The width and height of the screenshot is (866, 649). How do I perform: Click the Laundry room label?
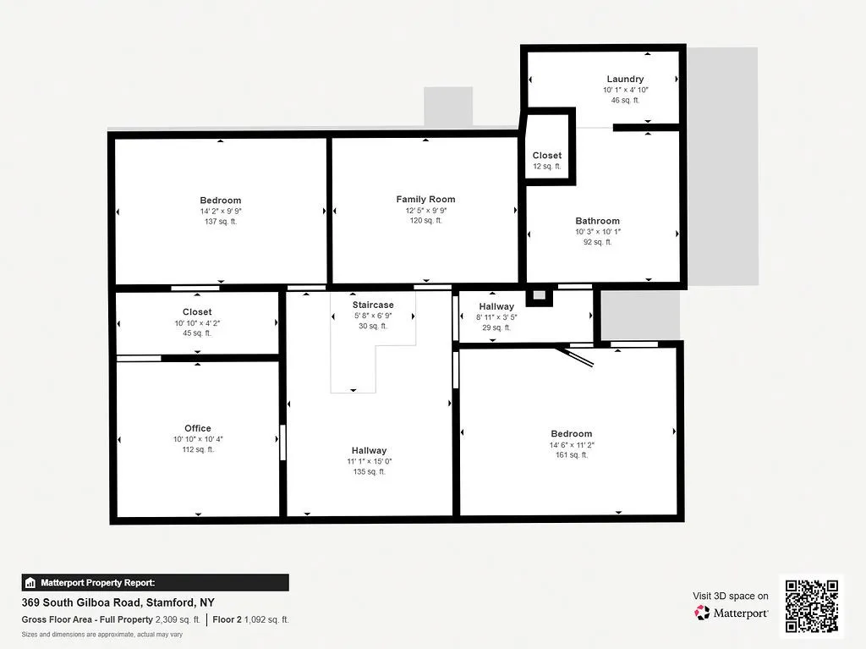point(625,79)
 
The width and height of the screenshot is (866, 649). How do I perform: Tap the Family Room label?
point(425,200)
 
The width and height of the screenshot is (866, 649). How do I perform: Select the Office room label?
point(198,428)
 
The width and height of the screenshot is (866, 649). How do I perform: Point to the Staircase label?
point(373,305)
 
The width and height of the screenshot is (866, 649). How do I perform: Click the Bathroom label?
point(598,221)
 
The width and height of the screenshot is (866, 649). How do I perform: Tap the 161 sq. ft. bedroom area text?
point(572,455)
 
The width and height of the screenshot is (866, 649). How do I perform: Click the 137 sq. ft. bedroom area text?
point(221,222)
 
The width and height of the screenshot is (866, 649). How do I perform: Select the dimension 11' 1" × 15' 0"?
point(370,461)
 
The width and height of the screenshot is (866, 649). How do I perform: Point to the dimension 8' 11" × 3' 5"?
point(496,317)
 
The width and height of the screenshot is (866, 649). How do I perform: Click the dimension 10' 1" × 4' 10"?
point(625,90)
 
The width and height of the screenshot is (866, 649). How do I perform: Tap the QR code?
point(810,606)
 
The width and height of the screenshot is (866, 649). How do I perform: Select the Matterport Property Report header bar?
point(155,582)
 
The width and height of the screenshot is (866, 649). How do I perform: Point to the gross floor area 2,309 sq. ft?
point(177,619)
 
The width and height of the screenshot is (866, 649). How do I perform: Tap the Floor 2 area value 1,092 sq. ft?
point(266,619)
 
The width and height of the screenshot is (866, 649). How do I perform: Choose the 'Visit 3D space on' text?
point(731,596)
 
